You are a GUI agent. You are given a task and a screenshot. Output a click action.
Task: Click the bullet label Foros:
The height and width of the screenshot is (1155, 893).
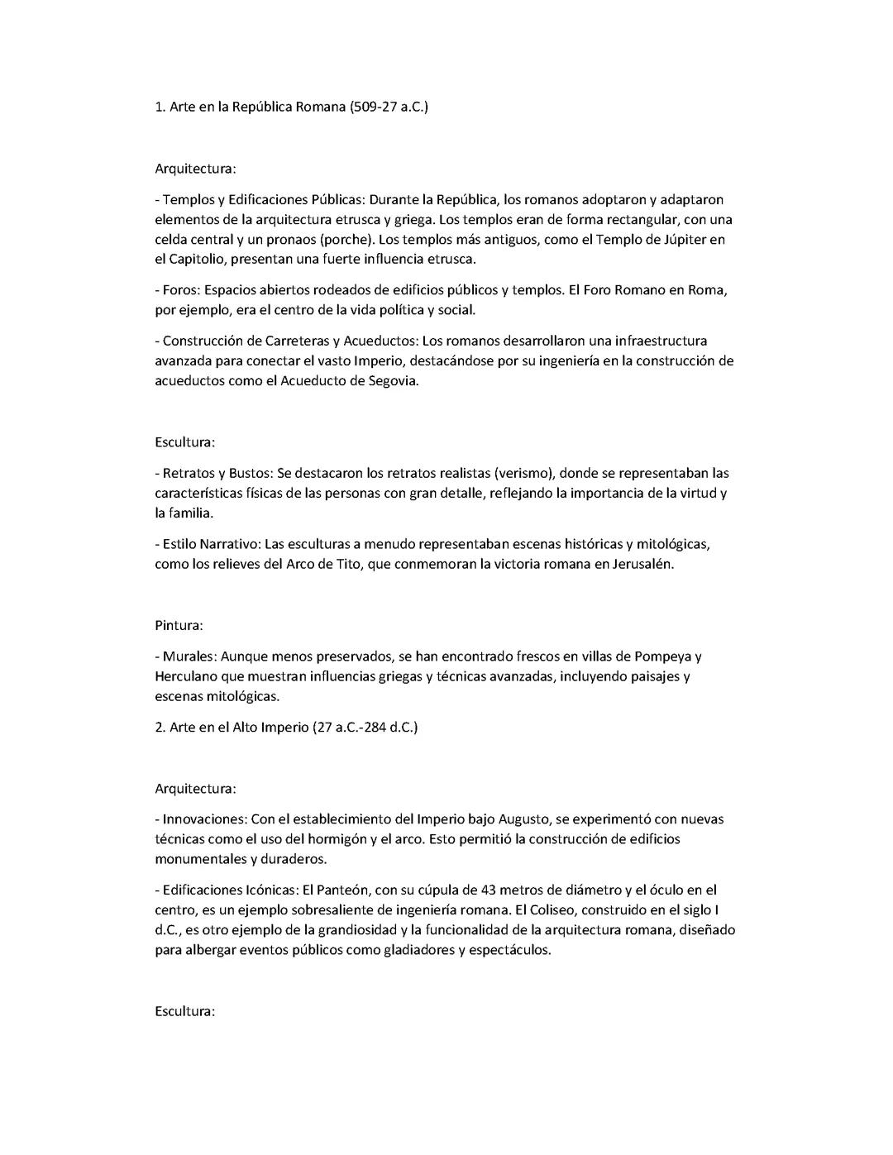coord(181,290)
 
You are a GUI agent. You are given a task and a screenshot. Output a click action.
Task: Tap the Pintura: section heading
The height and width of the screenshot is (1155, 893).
coord(179,626)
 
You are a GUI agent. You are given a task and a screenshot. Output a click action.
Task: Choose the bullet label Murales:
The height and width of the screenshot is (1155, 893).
coord(189,657)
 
